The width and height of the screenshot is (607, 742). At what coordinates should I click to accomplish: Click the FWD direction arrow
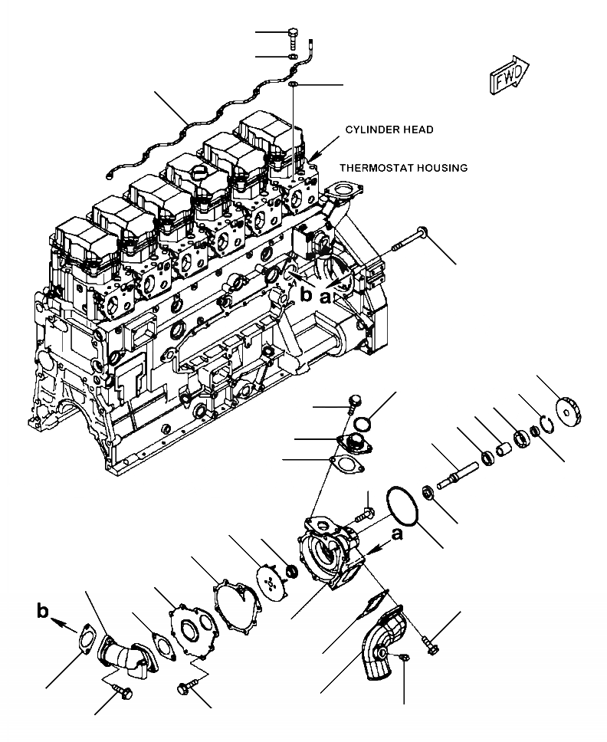point(507,76)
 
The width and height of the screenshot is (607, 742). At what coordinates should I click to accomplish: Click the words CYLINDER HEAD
point(388,130)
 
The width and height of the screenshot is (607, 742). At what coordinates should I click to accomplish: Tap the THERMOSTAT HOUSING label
point(403,168)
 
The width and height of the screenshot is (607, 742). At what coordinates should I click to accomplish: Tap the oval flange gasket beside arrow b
point(90,642)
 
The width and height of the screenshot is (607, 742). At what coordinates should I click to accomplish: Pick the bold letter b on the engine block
point(306,295)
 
